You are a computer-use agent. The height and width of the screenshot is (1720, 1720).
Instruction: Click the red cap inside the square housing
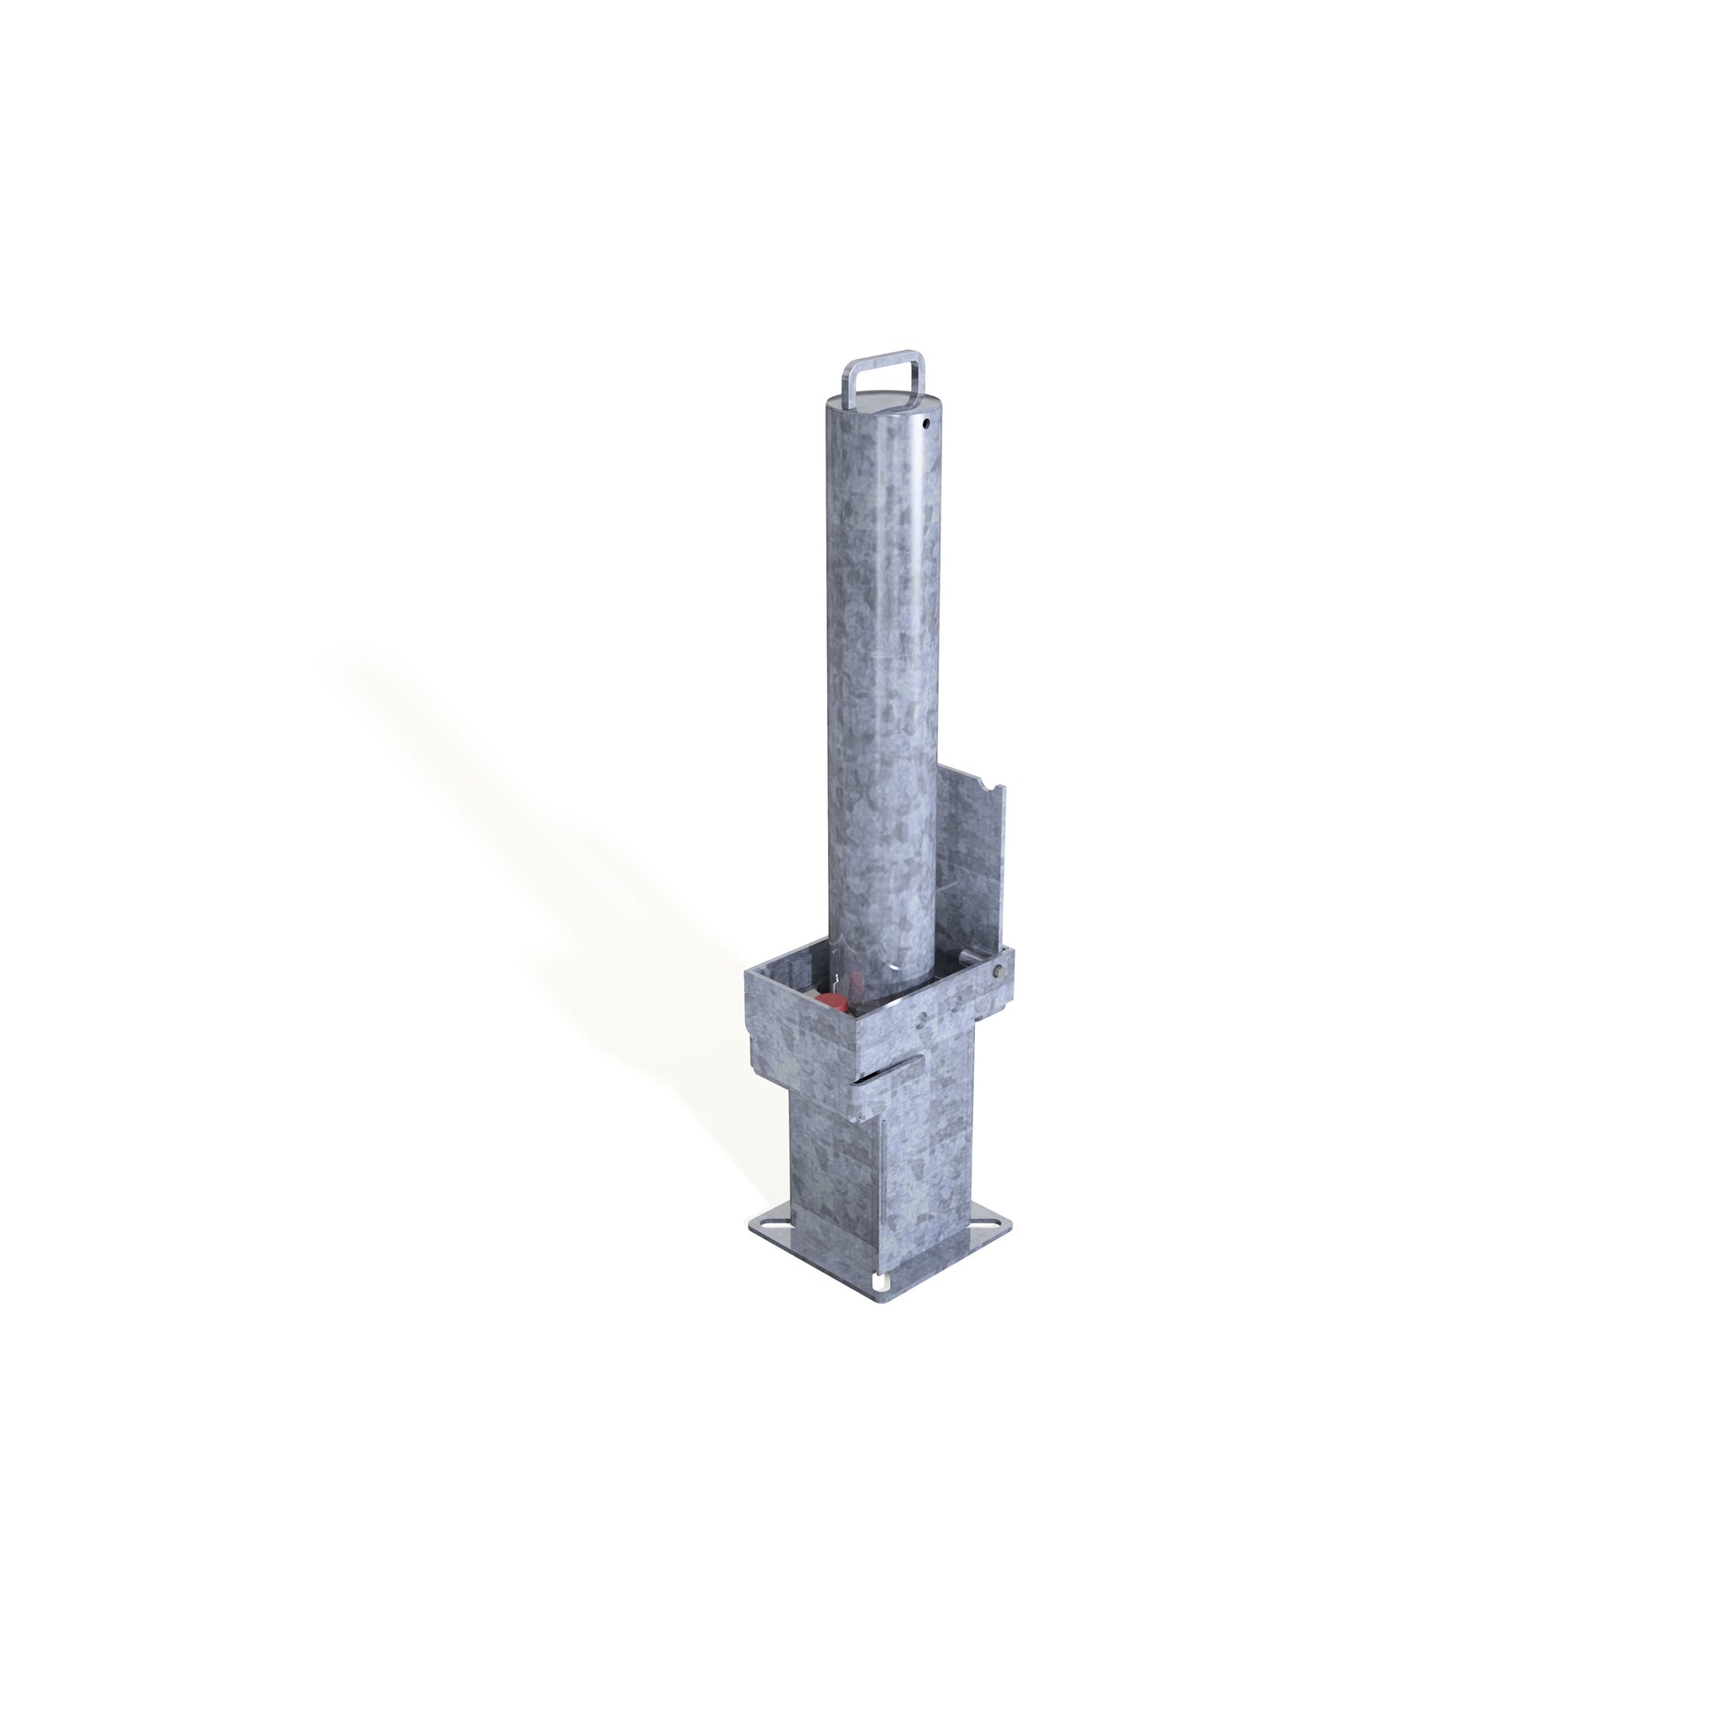(830, 1003)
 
